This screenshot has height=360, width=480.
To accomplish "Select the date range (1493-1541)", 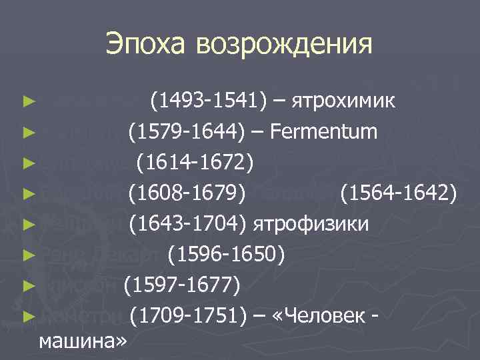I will pyautogui.click(x=209, y=102).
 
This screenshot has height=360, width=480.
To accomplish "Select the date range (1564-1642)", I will pyautogui.click(x=399, y=193).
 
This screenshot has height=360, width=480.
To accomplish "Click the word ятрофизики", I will pyautogui.click(x=311, y=224).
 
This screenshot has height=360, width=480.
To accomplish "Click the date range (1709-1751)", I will pyautogui.click(x=189, y=315).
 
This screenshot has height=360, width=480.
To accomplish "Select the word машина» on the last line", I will pyautogui.click(x=83, y=341).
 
